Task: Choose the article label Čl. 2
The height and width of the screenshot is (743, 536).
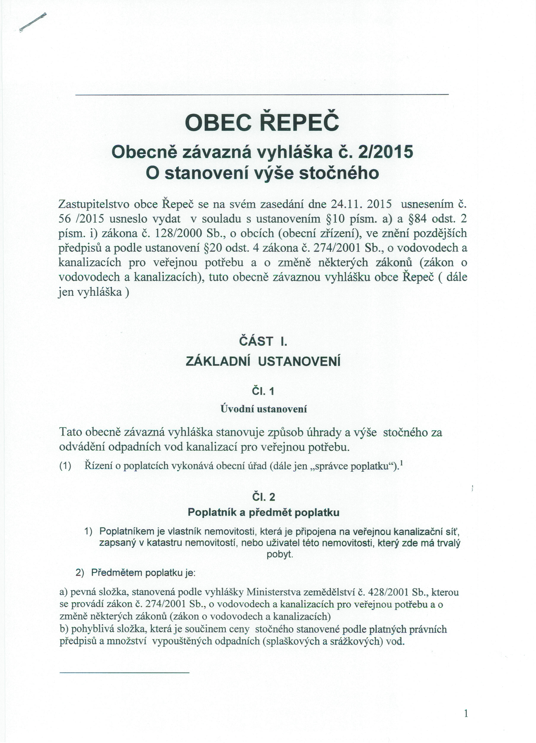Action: (x=263, y=497)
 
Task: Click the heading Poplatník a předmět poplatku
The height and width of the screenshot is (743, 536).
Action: (x=263, y=512)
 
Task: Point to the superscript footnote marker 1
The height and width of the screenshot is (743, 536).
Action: (x=402, y=463)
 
